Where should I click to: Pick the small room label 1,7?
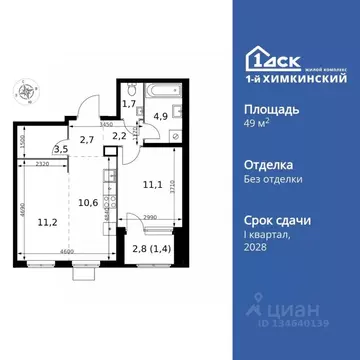pyautogui.click(x=129, y=102)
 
